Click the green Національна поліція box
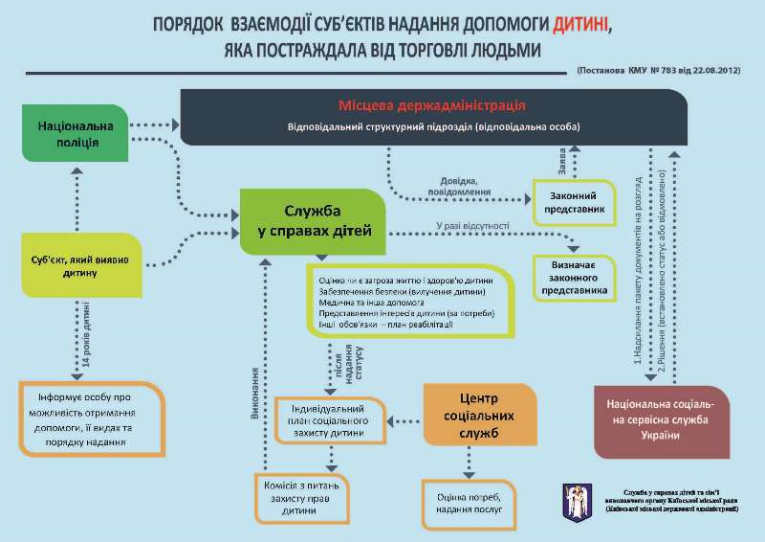[76, 134]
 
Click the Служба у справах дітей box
[312, 222]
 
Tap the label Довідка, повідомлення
[466, 186]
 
